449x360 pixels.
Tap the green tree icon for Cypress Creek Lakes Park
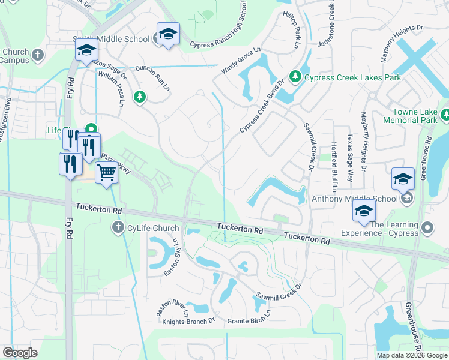[x=295, y=77]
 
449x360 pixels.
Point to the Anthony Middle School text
[x=354, y=199]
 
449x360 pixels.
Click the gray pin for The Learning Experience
[x=427, y=228]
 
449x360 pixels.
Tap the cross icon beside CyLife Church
[x=118, y=228]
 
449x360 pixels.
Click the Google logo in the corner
[x=20, y=353]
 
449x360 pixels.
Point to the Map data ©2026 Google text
[x=412, y=355]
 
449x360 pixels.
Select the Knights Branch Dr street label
[x=188, y=322]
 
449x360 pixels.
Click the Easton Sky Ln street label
[x=170, y=259]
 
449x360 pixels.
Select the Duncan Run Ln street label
[x=151, y=77]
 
